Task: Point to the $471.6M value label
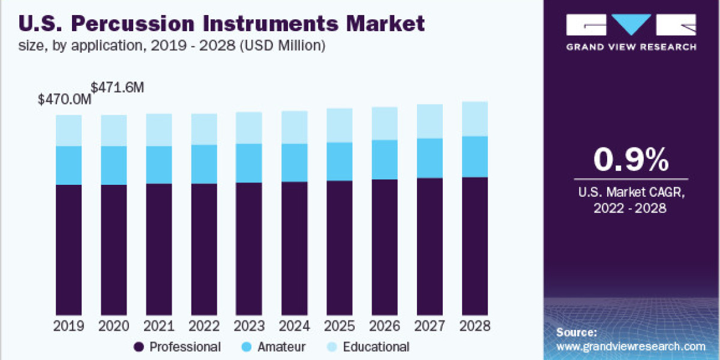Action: click(118, 87)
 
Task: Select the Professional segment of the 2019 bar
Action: click(69, 249)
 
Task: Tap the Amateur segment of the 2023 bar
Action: click(249, 163)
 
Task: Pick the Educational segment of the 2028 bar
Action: click(475, 119)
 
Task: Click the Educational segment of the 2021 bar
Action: click(159, 130)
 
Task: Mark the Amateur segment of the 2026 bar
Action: click(385, 160)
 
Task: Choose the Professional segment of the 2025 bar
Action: click(340, 247)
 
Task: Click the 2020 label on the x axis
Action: click(114, 326)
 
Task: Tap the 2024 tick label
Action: click(295, 326)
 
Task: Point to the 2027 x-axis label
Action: click(430, 326)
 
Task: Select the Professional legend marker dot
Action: click(139, 347)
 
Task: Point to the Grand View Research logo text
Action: click(631, 46)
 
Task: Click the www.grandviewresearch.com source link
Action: click(631, 346)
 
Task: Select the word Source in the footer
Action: click(576, 332)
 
